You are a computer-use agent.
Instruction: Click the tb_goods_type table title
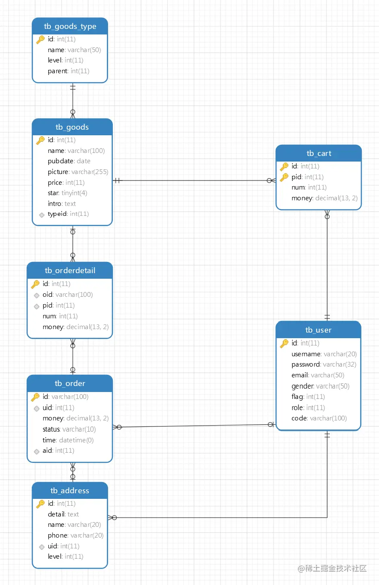point(70,26)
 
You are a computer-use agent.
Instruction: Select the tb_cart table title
point(319,153)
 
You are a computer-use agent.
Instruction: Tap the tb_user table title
point(318,330)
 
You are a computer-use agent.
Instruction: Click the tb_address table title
point(70,491)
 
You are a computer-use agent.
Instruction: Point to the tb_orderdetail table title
point(70,270)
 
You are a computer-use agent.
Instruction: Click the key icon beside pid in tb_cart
point(284,177)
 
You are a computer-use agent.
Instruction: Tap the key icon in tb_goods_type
point(40,40)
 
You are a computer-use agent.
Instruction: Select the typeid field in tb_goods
point(68,214)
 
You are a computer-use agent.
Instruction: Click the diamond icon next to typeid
point(41,215)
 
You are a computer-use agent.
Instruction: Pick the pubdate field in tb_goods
point(69,161)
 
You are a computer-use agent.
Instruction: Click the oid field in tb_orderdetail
point(68,295)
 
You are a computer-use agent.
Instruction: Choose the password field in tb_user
point(324,364)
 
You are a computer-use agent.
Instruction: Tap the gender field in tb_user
point(320,386)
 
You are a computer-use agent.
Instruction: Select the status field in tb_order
point(69,429)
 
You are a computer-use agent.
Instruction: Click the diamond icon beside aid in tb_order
point(37,451)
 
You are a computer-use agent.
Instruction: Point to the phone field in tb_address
point(75,535)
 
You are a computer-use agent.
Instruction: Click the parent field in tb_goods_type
point(68,71)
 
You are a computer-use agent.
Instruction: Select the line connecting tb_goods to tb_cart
point(194,180)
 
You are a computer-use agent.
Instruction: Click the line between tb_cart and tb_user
point(327,265)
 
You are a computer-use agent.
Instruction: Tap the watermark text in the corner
point(332,568)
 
